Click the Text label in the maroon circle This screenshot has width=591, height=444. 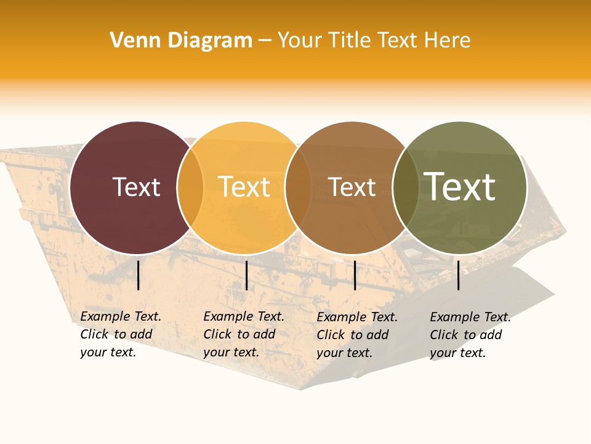pyautogui.click(x=136, y=187)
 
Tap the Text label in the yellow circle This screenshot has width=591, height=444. pyautogui.click(x=244, y=187)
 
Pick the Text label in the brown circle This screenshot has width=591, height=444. pyautogui.click(x=352, y=187)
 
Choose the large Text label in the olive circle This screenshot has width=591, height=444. pyautogui.click(x=459, y=187)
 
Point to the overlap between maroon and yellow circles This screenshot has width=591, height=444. pyautogui.click(x=190, y=187)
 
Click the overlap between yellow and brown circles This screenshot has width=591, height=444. pyautogui.click(x=298, y=187)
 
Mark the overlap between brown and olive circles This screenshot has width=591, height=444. pyautogui.click(x=405, y=187)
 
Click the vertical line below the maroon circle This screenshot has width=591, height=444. pyautogui.click(x=139, y=275)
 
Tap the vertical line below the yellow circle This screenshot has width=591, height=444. pyautogui.click(x=246, y=275)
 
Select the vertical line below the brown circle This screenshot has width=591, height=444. pyautogui.click(x=355, y=275)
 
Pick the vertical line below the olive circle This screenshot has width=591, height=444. pyautogui.click(x=459, y=275)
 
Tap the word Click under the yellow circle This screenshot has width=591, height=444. pyautogui.click(x=217, y=334)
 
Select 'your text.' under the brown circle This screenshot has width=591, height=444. pyautogui.click(x=345, y=353)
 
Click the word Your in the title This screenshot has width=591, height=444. pyautogui.click(x=300, y=41)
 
